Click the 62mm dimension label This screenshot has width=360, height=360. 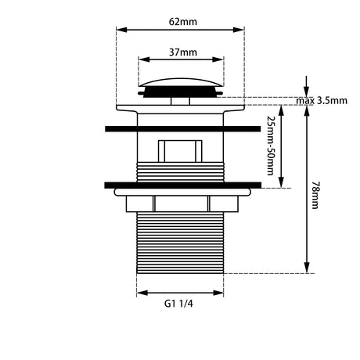pyautogui.click(x=183, y=22)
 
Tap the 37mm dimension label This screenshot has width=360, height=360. pyautogui.click(x=183, y=52)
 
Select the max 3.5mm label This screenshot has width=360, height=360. pyautogui.click(x=322, y=101)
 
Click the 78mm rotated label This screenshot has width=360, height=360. pyautogui.click(x=315, y=196)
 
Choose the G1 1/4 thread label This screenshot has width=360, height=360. pyautogui.click(x=178, y=304)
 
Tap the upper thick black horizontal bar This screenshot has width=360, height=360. pyautogui.click(x=182, y=129)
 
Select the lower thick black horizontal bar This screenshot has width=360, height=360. pyautogui.click(x=182, y=185)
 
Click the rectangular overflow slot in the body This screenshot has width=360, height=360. pyautogui.click(x=180, y=151)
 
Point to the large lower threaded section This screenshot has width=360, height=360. pyautogui.click(x=180, y=243)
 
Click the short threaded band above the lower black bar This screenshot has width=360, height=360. pyautogui.click(x=180, y=172)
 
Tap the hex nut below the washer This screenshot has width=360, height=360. pyautogui.click(x=182, y=203)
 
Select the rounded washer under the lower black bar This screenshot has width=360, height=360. pyautogui.click(x=182, y=192)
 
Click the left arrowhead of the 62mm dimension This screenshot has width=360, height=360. pyautogui.click(x=121, y=30)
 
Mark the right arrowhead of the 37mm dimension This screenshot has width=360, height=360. pyautogui.click(x=218, y=59)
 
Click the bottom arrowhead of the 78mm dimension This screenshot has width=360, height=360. pyautogui.click(x=307, y=268)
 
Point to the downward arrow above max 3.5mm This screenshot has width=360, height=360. pyautogui.click(x=307, y=86)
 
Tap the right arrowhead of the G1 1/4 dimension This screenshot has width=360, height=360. pyautogui.click(x=218, y=293)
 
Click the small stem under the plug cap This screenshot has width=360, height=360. pyautogui.click(x=180, y=101)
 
